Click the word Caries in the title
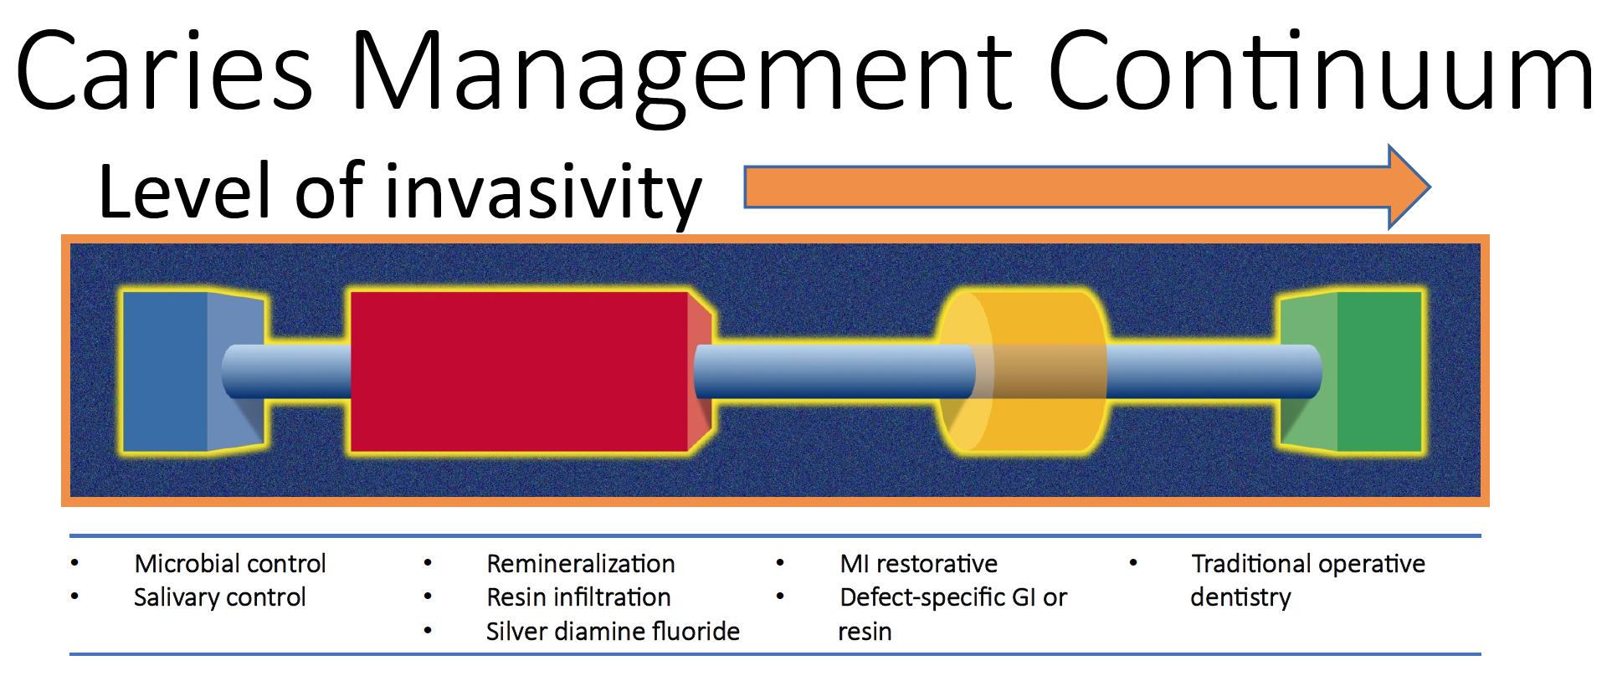pyautogui.click(x=164, y=71)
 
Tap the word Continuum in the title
pyautogui.click(x=1320, y=71)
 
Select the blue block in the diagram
pyautogui.click(x=167, y=371)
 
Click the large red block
pyautogui.click(x=519, y=371)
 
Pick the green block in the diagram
pyautogui.click(x=1377, y=371)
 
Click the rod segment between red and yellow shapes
pyautogui.click(x=829, y=371)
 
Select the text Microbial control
pyautogui.click(x=230, y=564)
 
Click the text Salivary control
pyautogui.click(x=220, y=597)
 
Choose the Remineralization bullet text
pyautogui.click(x=581, y=564)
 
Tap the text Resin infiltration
pyautogui.click(x=578, y=597)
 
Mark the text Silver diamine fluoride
pyautogui.click(x=613, y=632)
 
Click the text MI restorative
pyautogui.click(x=918, y=564)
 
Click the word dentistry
pyautogui.click(x=1240, y=597)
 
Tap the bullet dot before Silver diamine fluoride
pyautogui.click(x=428, y=631)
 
